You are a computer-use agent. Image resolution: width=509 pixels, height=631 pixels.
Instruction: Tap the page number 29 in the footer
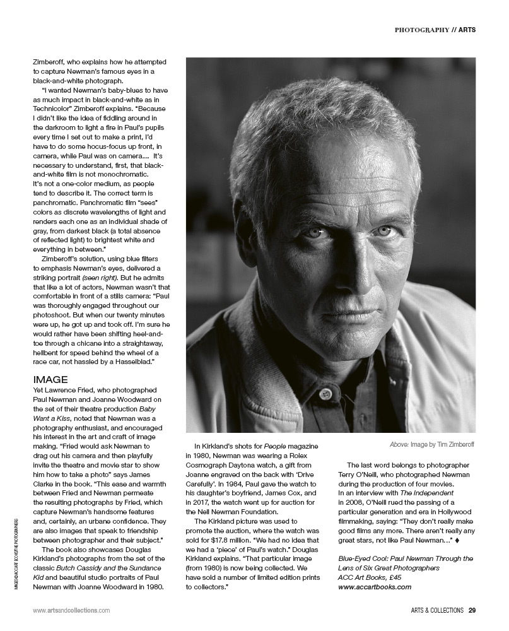472,610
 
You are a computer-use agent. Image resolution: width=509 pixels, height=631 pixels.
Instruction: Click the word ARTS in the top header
467,30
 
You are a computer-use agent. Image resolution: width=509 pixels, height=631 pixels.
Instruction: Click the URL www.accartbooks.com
375,586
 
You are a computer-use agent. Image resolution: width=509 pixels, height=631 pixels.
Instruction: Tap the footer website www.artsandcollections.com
71,610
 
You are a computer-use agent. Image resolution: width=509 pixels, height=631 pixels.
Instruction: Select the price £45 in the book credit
402,577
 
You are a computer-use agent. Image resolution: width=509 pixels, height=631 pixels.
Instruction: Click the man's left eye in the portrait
385,231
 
